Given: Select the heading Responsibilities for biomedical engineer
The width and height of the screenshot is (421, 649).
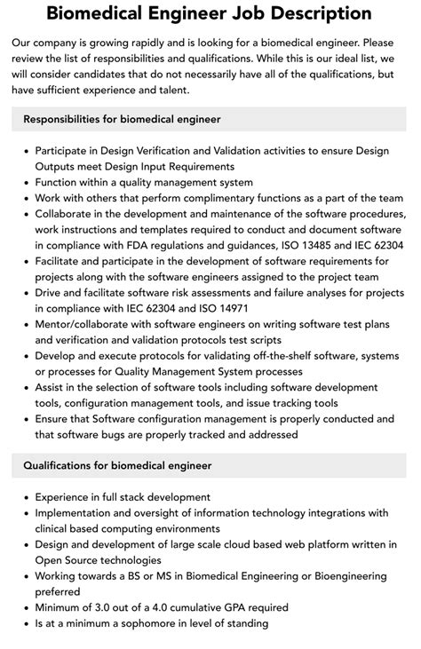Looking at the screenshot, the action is [x=123, y=118].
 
